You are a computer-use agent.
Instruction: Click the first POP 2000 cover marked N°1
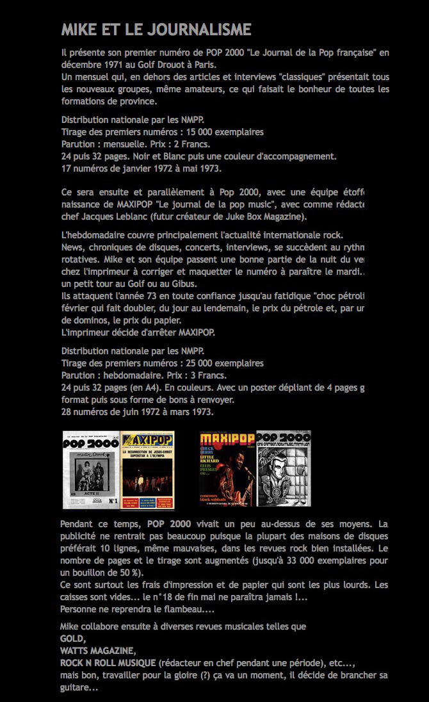pyautogui.click(x=91, y=469)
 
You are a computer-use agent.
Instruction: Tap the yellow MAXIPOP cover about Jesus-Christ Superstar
pyautogui.click(x=147, y=469)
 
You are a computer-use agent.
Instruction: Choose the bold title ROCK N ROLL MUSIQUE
pyautogui.click(x=108, y=663)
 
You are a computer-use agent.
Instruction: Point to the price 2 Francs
pyautogui.click(x=168, y=144)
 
